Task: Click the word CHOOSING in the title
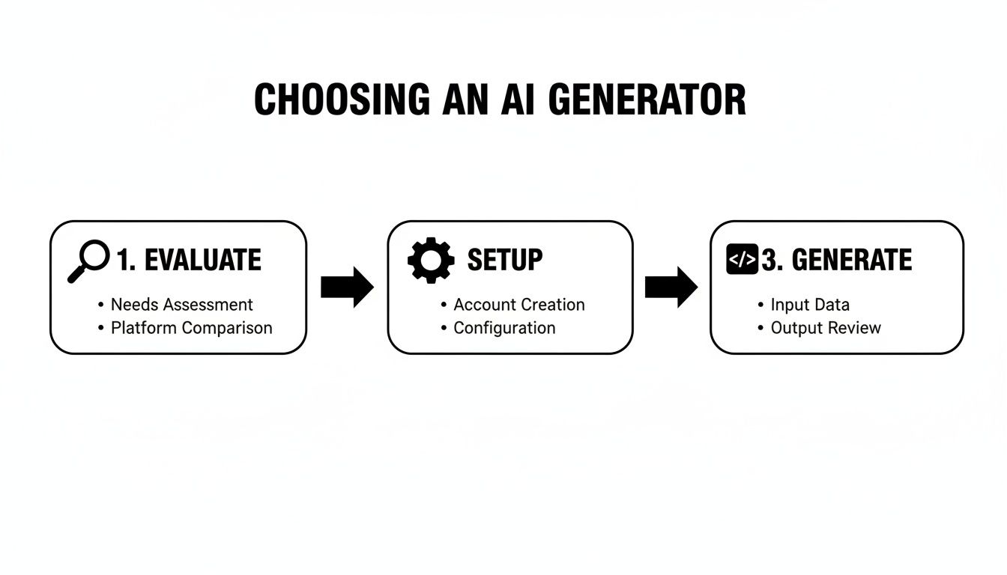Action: (x=342, y=100)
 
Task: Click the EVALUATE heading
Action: (x=202, y=261)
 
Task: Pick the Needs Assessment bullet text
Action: (x=182, y=305)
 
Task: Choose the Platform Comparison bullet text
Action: (x=192, y=328)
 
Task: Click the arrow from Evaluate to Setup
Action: (x=347, y=287)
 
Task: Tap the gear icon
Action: (x=431, y=260)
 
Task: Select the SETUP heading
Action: (x=505, y=261)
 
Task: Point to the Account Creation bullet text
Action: (x=519, y=305)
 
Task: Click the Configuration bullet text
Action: (x=504, y=328)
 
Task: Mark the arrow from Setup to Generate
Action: (x=671, y=287)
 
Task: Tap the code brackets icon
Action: (x=742, y=260)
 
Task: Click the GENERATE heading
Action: (x=852, y=261)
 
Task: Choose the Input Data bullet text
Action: (x=810, y=305)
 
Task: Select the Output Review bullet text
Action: (x=826, y=328)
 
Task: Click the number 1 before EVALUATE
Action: (x=122, y=261)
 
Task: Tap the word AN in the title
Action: (x=467, y=100)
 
